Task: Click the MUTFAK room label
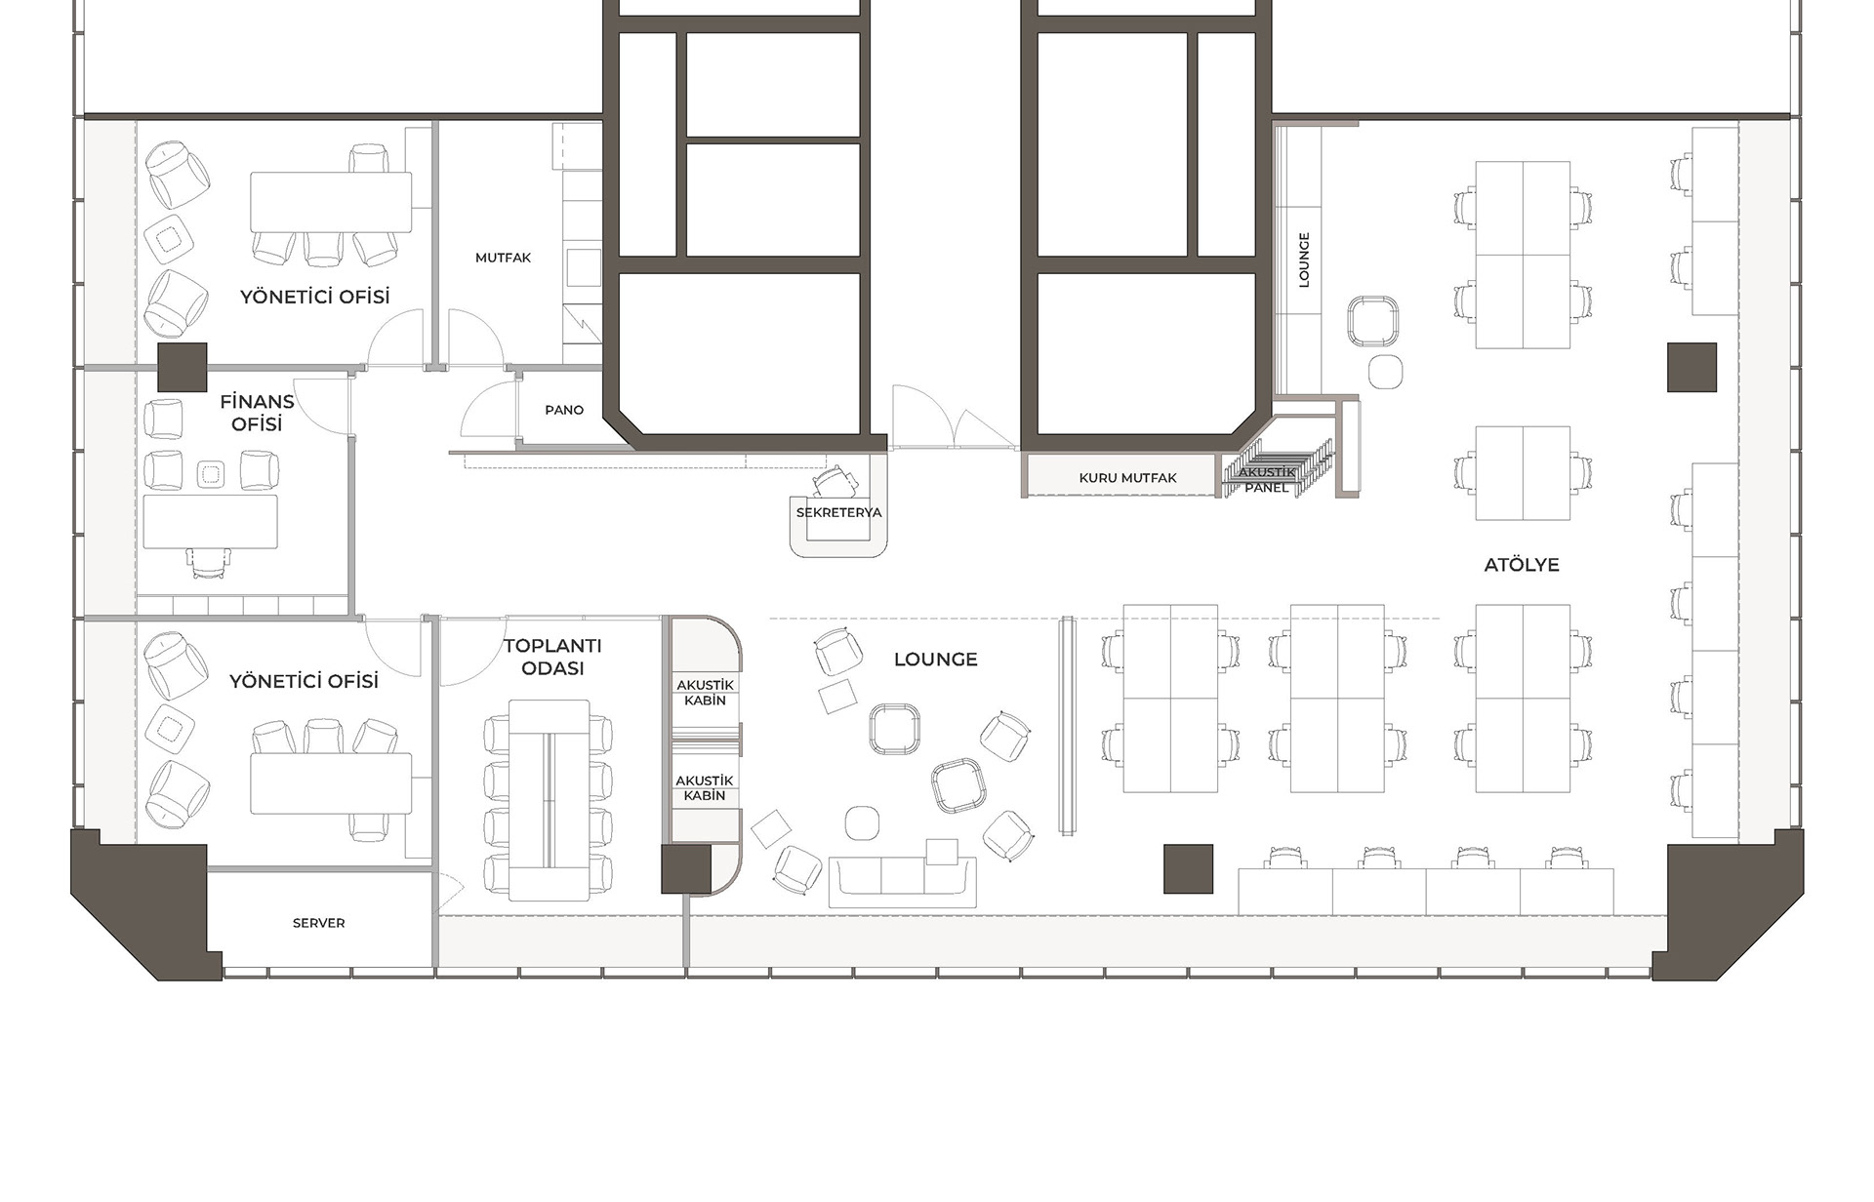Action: (503, 258)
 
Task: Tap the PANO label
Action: (564, 410)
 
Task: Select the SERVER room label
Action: (318, 923)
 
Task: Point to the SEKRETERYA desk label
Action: (838, 512)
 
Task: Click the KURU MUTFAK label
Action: (1127, 478)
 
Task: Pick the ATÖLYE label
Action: (1522, 565)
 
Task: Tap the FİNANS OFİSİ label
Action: (257, 413)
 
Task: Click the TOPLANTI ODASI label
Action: (552, 657)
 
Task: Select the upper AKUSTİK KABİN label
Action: (705, 693)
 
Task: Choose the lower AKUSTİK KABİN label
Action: (705, 788)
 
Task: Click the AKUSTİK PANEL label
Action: (1267, 480)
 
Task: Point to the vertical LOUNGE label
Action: (1304, 260)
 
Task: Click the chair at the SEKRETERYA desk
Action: (833, 481)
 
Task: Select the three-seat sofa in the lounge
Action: (902, 882)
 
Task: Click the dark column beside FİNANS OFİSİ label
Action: (183, 368)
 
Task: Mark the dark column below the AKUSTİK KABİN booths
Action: (686, 869)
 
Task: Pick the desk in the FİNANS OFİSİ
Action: (210, 522)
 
